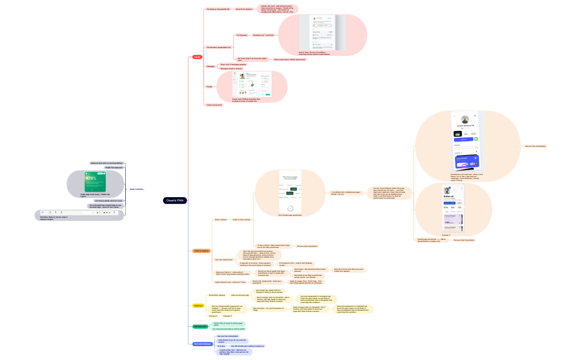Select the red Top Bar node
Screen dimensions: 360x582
tap(197, 56)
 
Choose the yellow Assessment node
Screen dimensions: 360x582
tap(198, 305)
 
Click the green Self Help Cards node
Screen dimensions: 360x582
tap(200, 326)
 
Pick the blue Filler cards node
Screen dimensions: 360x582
tap(202, 344)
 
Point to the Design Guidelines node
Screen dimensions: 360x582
tap(136, 189)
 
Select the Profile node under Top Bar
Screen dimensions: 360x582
tap(209, 86)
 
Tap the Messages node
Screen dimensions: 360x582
tap(211, 66)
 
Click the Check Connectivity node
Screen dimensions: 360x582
tap(214, 104)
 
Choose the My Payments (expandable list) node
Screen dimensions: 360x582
tap(218, 47)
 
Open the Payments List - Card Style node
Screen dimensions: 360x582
tap(263, 35)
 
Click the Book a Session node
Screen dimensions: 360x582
tap(221, 220)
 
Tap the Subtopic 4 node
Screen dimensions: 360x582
tap(227, 316)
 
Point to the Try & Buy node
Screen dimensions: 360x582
tap(221, 346)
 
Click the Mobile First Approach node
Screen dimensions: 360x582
tap(114, 167)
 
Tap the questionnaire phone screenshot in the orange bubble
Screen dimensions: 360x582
tap(290, 190)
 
